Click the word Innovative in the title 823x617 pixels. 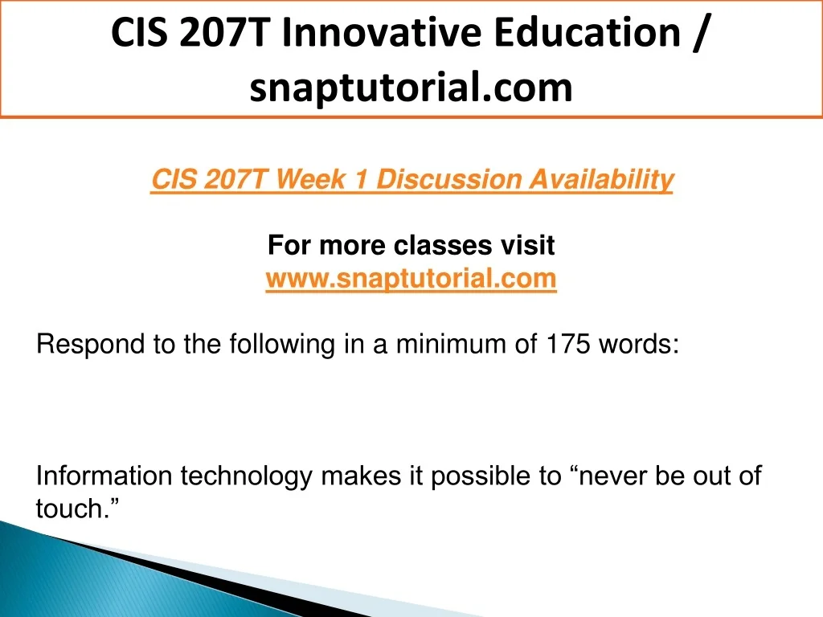(x=382, y=32)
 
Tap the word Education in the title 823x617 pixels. (x=588, y=32)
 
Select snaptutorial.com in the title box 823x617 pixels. (x=411, y=87)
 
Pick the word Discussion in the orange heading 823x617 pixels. (x=449, y=179)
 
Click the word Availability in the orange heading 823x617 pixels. (x=601, y=180)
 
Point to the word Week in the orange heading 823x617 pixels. (x=311, y=179)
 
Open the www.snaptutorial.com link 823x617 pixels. (x=411, y=278)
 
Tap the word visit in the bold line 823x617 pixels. (x=527, y=245)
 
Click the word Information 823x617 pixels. (x=104, y=476)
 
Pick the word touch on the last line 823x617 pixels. (x=68, y=509)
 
